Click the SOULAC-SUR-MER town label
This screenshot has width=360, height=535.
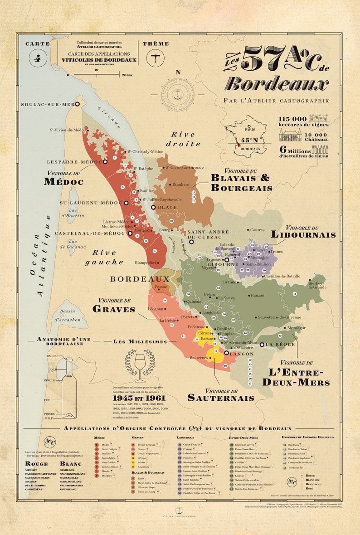(47, 104)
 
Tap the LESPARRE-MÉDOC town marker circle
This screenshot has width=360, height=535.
(105, 161)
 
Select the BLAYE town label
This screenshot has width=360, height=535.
(167, 207)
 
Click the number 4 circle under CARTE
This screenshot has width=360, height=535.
(37, 58)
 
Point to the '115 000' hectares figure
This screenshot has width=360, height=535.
(293, 119)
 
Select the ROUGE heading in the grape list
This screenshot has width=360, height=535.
(36, 464)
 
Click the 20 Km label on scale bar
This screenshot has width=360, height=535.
(127, 75)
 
